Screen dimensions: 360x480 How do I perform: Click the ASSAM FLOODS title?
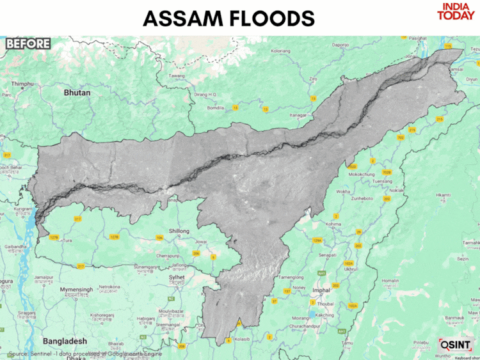(x=228, y=18)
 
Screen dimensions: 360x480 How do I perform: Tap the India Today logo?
(x=456, y=12)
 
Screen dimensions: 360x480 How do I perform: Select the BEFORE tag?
(x=28, y=43)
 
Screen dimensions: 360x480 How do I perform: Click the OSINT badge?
(x=455, y=345)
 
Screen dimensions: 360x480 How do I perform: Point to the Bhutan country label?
(x=77, y=93)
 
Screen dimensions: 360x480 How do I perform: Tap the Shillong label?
(x=179, y=231)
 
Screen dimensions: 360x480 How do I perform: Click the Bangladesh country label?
(x=65, y=341)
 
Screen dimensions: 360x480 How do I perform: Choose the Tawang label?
(x=176, y=76)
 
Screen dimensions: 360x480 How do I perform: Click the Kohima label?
(x=334, y=224)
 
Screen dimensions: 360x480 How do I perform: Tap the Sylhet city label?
(x=177, y=278)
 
